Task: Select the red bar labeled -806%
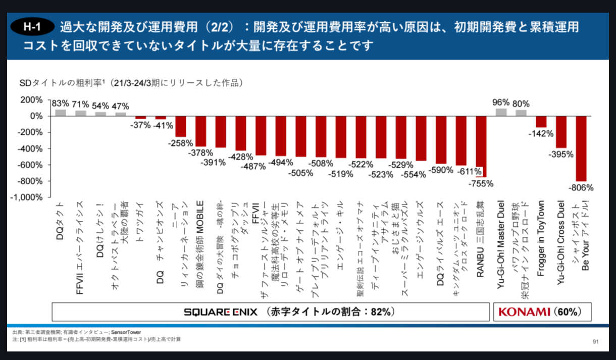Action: pos(581,148)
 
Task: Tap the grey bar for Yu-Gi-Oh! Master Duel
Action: pos(501,112)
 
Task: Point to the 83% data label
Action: pos(61,103)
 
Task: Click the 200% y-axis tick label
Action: pos(31,100)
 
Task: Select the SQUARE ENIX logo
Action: pos(221,312)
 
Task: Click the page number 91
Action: pos(595,342)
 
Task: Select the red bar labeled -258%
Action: pos(180,126)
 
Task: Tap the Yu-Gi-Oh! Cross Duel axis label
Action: pos(560,243)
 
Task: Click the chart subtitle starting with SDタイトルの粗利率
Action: pos(132,83)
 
